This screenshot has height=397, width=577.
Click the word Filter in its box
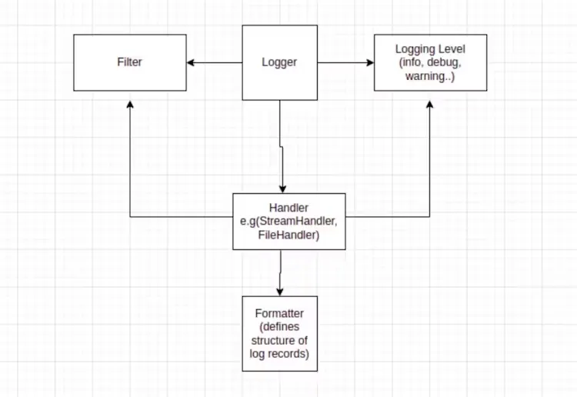pyautogui.click(x=129, y=62)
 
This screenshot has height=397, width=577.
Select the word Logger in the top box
pyautogui.click(x=279, y=62)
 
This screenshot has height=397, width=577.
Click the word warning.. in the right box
pyautogui.click(x=429, y=75)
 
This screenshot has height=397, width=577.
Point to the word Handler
pyautogui.click(x=288, y=209)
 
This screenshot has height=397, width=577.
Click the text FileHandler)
pyautogui.click(x=288, y=234)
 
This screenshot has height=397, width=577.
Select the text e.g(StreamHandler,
pyautogui.click(x=288, y=222)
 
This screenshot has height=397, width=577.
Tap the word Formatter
pyautogui.click(x=279, y=313)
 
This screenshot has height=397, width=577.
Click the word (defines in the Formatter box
pyautogui.click(x=279, y=326)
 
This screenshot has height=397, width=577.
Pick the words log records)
pyautogui.click(x=279, y=352)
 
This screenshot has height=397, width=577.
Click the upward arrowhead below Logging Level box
pyautogui.click(x=429, y=103)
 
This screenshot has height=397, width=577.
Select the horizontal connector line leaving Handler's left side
pyautogui.click(x=181, y=216)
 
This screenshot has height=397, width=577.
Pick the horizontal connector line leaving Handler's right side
pyautogui.click(x=385, y=216)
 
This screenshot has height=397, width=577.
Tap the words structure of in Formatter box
pyautogui.click(x=279, y=339)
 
